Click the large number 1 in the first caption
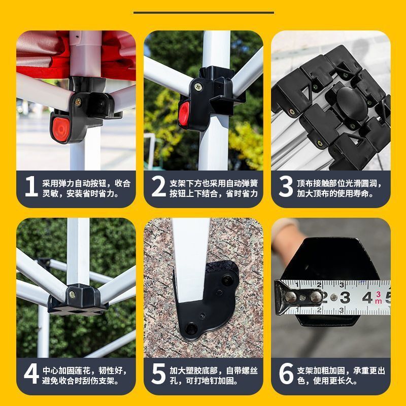[31, 187]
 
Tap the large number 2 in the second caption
[158, 187]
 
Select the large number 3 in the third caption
[286, 187]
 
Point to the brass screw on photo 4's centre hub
[73, 293]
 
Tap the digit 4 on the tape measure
[366, 297]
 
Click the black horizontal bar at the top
[203, 13]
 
